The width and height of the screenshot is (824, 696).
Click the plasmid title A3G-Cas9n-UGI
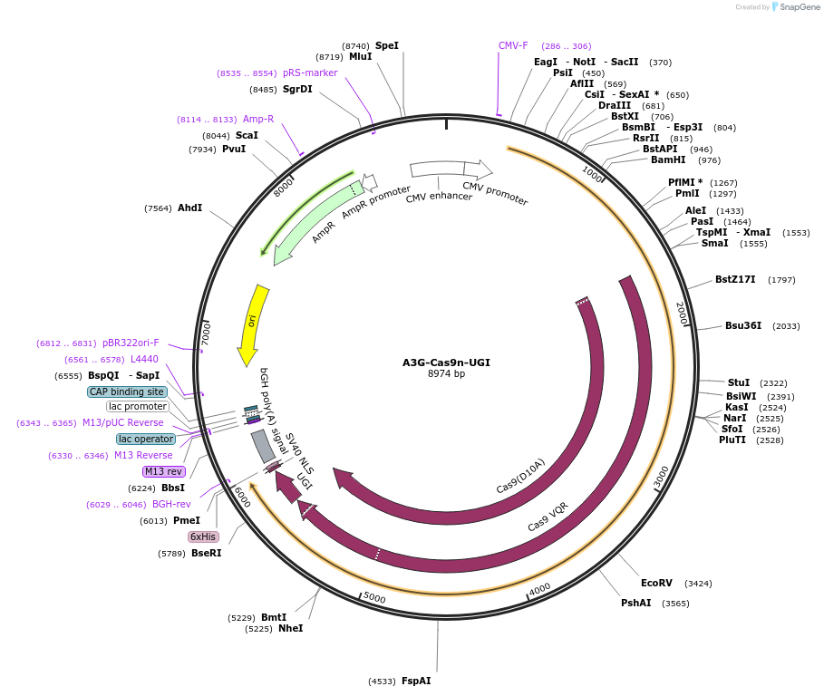[446, 362]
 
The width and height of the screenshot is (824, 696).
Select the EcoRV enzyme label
[656, 583]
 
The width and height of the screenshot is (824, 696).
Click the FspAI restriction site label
[416, 681]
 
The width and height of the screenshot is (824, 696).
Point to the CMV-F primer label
[513, 45]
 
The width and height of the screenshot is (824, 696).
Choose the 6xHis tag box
[203, 536]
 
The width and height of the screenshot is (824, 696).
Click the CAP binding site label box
[127, 391]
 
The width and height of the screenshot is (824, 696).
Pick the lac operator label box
[145, 439]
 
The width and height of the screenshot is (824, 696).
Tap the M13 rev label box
[164, 471]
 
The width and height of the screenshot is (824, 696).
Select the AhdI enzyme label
[189, 208]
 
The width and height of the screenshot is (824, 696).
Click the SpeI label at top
[387, 45]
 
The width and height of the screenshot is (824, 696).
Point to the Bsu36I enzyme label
[742, 325]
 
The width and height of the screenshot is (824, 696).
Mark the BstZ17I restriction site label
[735, 279]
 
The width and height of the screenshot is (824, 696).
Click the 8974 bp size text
[446, 373]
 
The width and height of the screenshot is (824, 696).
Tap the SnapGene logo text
[800, 7]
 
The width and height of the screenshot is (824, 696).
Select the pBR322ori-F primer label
[131, 343]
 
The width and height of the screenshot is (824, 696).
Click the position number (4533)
[382, 681]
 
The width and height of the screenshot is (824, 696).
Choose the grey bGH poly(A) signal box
[263, 446]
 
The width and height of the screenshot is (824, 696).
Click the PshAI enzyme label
[635, 603]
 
